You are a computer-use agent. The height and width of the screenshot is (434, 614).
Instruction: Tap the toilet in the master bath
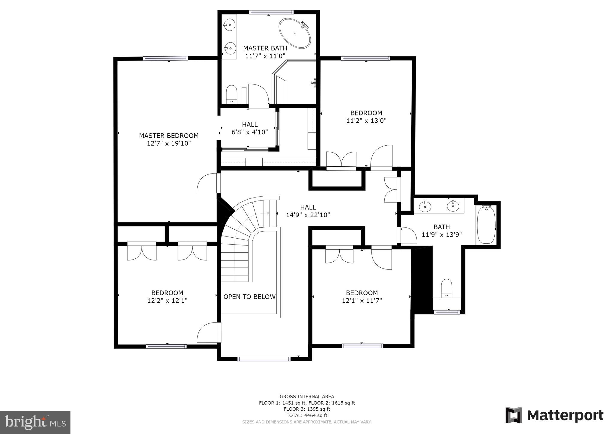click(x=231, y=94)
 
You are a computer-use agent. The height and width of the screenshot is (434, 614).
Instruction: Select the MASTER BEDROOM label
click(x=169, y=136)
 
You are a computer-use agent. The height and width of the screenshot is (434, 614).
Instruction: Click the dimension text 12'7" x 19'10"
click(x=169, y=144)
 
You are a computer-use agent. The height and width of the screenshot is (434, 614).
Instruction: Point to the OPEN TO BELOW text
click(x=249, y=297)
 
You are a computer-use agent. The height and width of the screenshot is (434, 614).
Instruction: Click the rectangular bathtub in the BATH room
click(x=486, y=225)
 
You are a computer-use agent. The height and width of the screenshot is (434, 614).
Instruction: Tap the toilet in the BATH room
click(x=447, y=288)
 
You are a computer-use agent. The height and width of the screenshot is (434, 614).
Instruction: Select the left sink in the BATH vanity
click(x=425, y=206)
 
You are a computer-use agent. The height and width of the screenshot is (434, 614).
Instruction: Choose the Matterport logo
click(x=554, y=415)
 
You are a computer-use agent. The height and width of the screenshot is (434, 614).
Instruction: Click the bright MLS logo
click(x=35, y=422)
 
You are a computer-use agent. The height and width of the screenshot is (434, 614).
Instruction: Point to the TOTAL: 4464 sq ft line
click(x=307, y=415)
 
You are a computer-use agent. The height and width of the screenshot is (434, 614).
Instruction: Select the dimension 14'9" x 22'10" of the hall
click(x=308, y=215)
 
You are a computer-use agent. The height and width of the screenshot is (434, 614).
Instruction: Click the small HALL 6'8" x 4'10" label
click(x=250, y=128)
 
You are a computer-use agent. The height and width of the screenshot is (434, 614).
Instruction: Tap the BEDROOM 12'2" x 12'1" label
click(x=167, y=297)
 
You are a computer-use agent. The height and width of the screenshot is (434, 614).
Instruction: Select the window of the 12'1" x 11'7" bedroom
click(x=362, y=346)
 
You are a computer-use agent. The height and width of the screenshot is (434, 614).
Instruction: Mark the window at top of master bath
click(x=271, y=12)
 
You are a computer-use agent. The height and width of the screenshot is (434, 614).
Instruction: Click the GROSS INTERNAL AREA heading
click(x=307, y=397)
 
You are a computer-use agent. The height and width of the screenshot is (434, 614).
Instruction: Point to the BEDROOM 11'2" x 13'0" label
click(x=366, y=117)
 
